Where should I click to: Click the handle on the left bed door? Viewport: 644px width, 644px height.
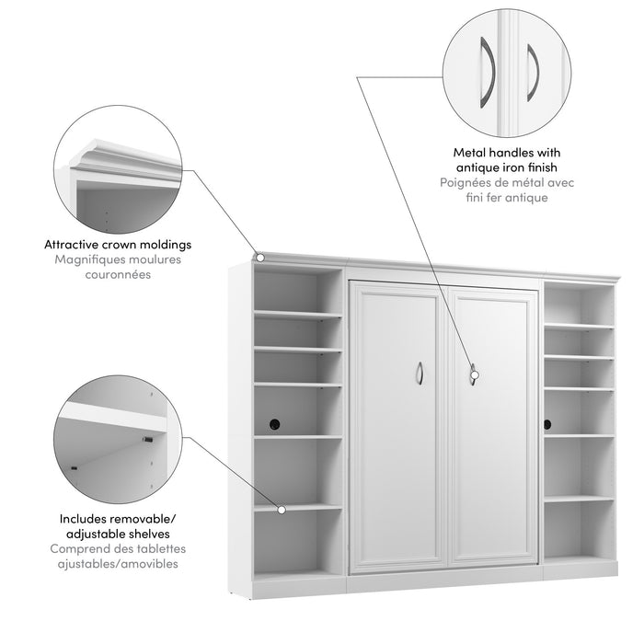tap(419, 373)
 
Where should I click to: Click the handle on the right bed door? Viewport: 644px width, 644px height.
tap(473, 373)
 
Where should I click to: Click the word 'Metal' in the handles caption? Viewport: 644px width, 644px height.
tap(469, 152)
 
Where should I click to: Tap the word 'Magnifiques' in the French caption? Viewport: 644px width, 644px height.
tap(83, 260)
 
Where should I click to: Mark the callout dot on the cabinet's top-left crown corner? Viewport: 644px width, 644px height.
tap(261, 257)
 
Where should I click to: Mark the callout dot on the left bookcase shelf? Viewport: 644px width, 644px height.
tap(281, 507)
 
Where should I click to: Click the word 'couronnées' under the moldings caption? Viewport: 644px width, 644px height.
tap(119, 275)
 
